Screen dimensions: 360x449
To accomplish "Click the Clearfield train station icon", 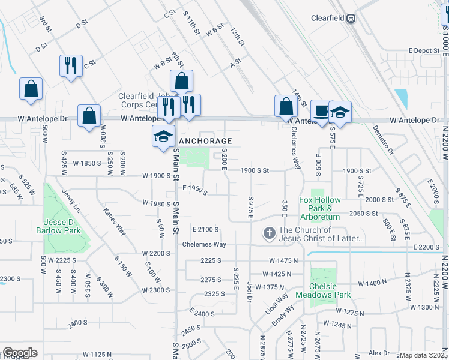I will (x=350, y=18).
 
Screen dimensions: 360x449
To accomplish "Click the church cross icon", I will (x=270, y=232).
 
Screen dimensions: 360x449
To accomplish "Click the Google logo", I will (x=20, y=353).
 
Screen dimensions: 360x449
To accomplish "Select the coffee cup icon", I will (x=322, y=110).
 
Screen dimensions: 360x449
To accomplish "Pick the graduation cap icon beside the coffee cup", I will (x=340, y=112).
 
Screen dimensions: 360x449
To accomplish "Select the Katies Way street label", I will (x=115, y=221).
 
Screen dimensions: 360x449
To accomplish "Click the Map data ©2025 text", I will (x=424, y=355).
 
